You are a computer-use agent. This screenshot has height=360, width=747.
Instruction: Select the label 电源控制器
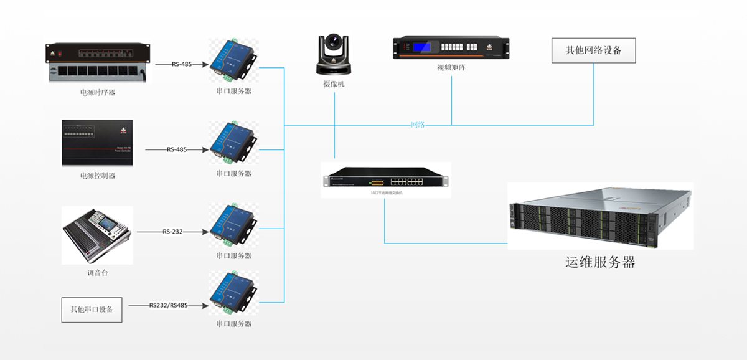[x=98, y=176]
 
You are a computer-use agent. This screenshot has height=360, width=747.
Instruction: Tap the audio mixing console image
[x=97, y=236]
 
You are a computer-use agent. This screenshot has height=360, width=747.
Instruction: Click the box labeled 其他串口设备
[x=92, y=309]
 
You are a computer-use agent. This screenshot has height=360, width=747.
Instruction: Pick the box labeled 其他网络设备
[x=593, y=50]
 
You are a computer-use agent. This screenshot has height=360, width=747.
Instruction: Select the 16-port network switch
[x=386, y=181]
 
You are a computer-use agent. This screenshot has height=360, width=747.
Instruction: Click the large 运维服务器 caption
[x=599, y=262]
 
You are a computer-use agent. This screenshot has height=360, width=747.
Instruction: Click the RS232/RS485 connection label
[x=168, y=306]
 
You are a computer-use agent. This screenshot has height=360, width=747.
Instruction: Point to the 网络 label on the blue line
[x=418, y=125]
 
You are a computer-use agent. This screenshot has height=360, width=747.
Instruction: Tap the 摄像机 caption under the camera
[x=333, y=83]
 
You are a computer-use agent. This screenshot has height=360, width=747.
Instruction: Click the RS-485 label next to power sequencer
[x=182, y=64]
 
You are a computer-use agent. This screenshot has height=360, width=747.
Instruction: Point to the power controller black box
[x=97, y=143]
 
